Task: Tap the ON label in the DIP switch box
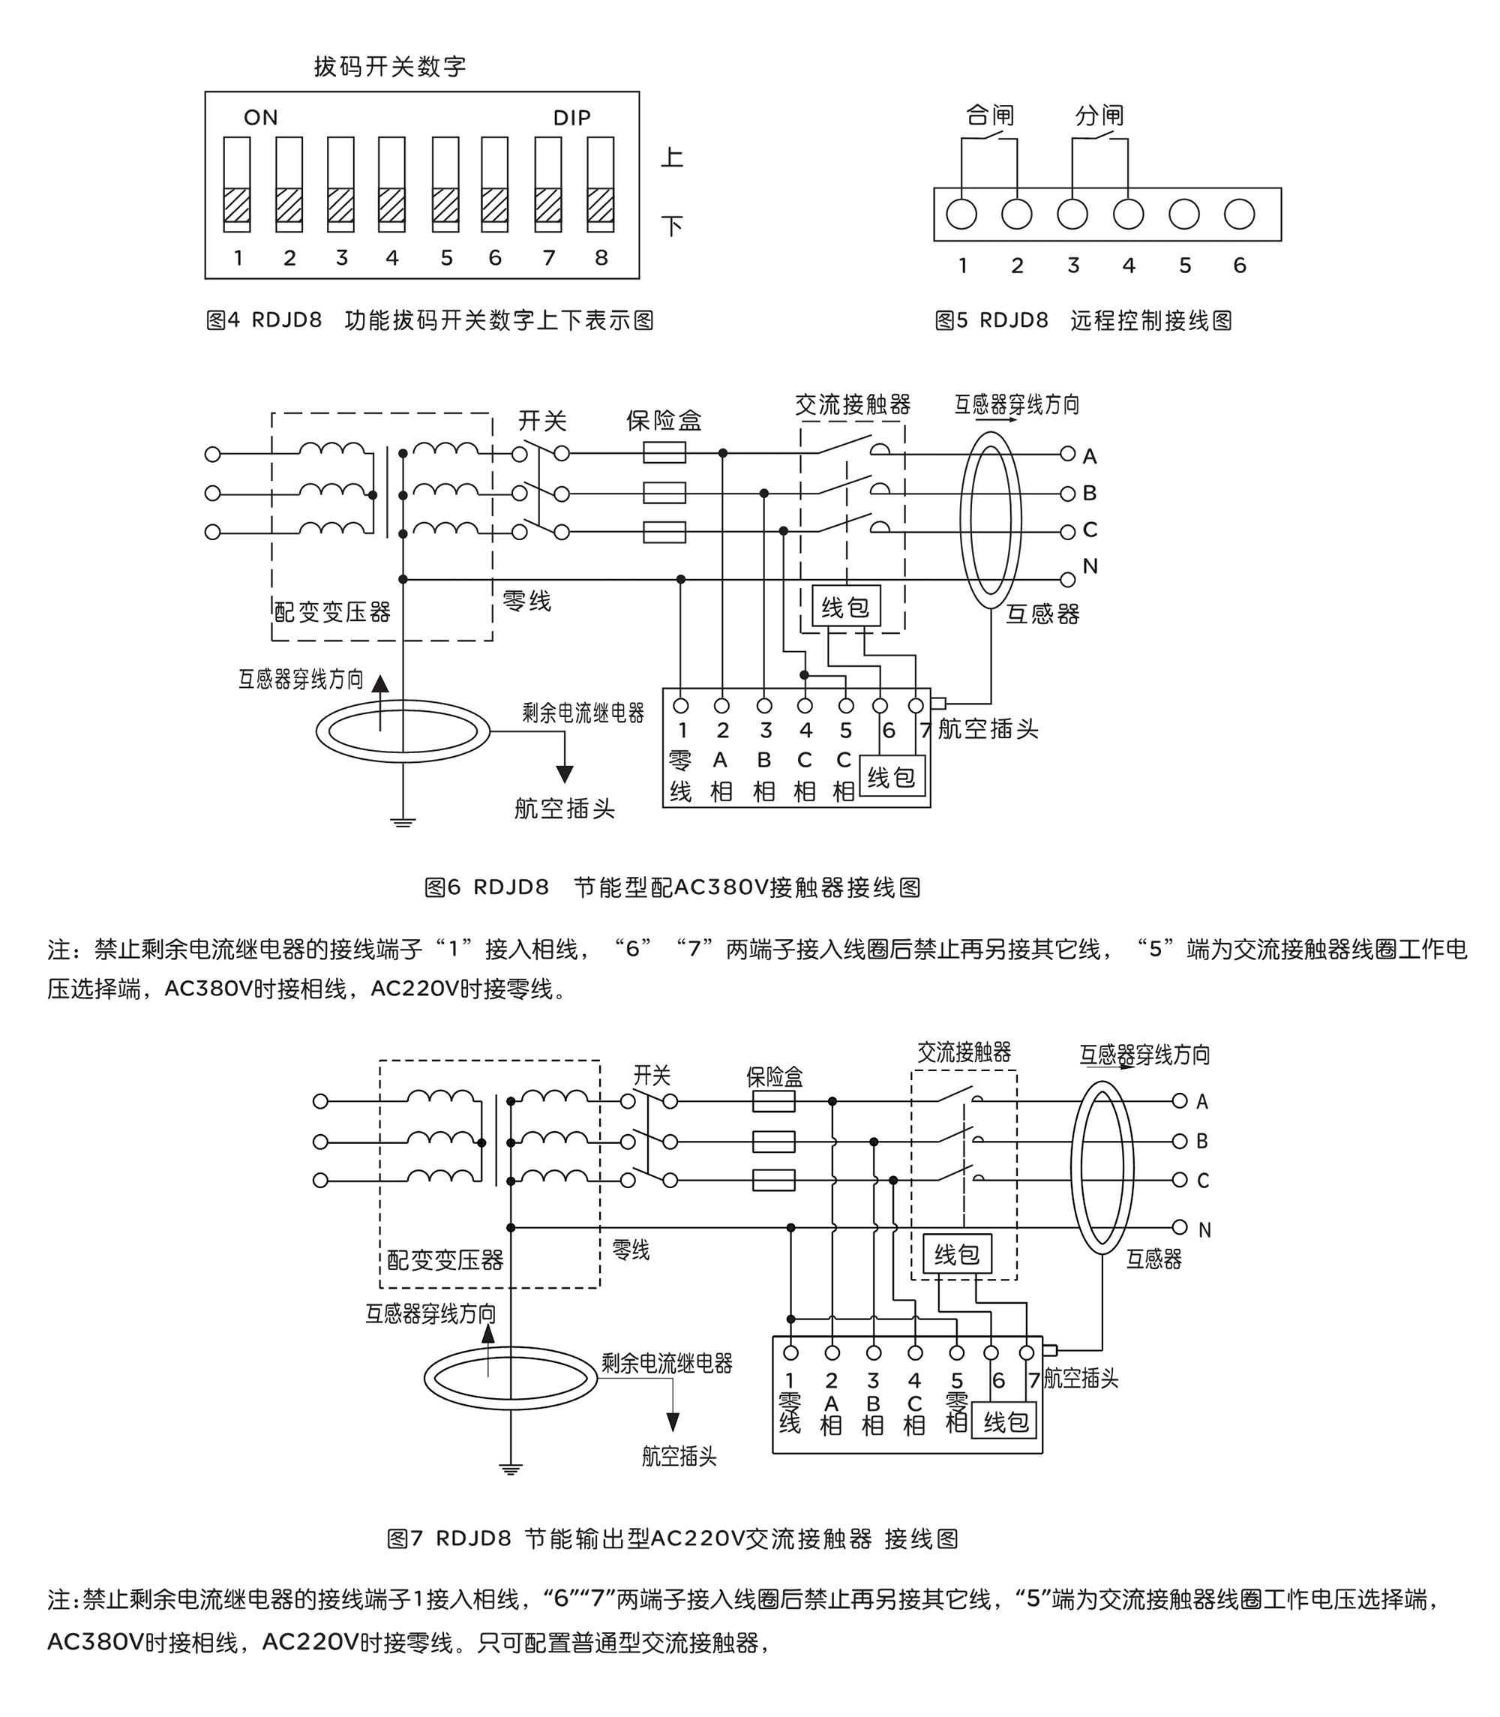pyautogui.click(x=260, y=118)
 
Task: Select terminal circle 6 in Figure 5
pyautogui.click(x=1239, y=215)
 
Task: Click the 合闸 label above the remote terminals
pyautogui.click(x=989, y=116)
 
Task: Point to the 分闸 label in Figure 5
pyautogui.click(x=1099, y=116)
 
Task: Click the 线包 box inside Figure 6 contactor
pyautogui.click(x=845, y=606)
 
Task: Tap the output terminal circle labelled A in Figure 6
pyautogui.click(x=1067, y=454)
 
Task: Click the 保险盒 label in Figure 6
pyautogui.click(x=664, y=420)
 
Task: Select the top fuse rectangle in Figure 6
pyautogui.click(x=664, y=454)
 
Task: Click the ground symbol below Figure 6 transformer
pyautogui.click(x=403, y=822)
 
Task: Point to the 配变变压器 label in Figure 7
pyautogui.click(x=445, y=1260)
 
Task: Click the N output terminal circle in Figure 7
pyautogui.click(x=1180, y=1227)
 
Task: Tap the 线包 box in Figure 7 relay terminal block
pyautogui.click(x=1004, y=1421)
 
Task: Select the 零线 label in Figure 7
pyautogui.click(x=630, y=1250)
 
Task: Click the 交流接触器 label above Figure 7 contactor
pyautogui.click(x=964, y=1052)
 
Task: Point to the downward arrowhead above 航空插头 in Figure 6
pyautogui.click(x=565, y=773)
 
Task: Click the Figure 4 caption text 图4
pyautogui.click(x=223, y=320)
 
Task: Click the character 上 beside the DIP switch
pyautogui.click(x=671, y=158)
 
